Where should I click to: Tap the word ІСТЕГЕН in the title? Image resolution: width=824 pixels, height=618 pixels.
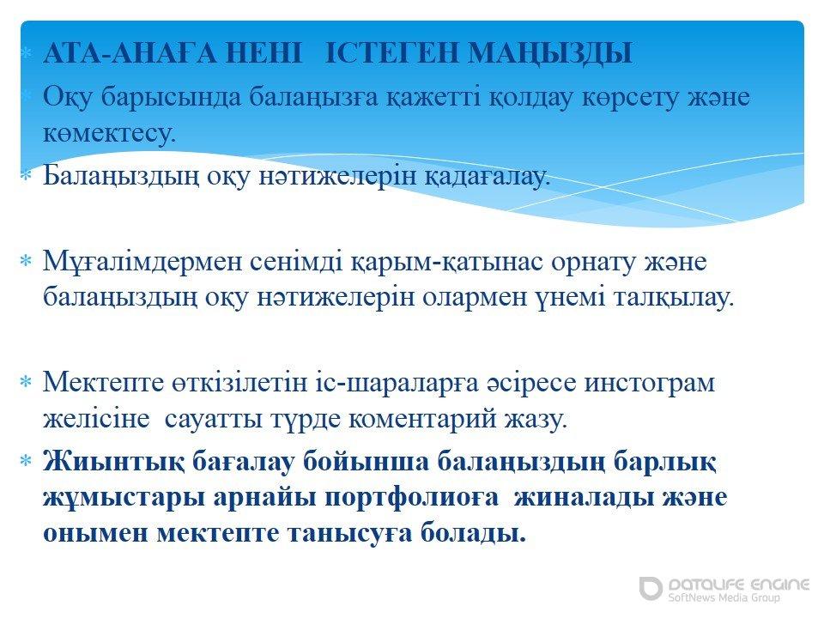click(x=391, y=53)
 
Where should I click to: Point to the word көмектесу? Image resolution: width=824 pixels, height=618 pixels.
click(x=109, y=133)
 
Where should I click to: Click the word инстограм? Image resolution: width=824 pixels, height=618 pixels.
click(x=650, y=383)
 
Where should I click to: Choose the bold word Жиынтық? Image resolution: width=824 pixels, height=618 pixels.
click(x=113, y=462)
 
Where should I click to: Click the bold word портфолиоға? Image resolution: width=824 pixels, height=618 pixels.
click(x=411, y=498)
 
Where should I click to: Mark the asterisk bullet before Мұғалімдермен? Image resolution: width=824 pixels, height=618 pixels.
click(x=27, y=261)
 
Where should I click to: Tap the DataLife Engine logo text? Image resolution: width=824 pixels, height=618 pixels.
click(x=739, y=585)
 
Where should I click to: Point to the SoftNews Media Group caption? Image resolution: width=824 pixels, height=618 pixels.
click(x=724, y=597)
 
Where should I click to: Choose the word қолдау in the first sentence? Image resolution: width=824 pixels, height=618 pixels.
click(x=530, y=97)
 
